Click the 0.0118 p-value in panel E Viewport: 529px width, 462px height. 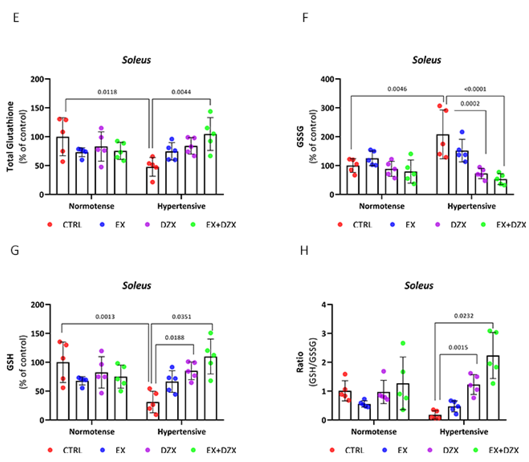point(107,92)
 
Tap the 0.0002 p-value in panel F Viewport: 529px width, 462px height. point(470,104)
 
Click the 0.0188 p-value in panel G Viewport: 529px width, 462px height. point(175,337)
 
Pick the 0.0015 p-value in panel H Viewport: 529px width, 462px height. point(458,348)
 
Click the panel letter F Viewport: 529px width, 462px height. point(305,18)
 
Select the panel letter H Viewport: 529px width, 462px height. point(304,250)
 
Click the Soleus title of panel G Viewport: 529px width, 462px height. point(136,286)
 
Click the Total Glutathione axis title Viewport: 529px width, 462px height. point(10,136)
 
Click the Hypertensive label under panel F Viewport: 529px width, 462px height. point(471,206)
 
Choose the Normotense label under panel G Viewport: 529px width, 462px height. point(92,432)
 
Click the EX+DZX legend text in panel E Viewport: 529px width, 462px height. point(221,225)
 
